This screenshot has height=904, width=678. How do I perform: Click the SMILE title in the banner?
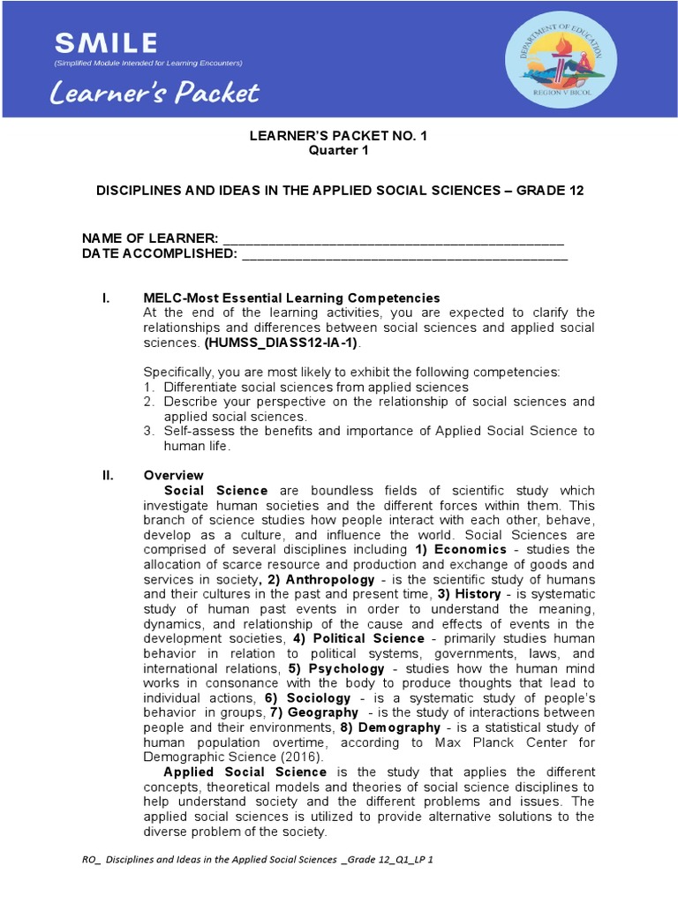click(x=106, y=42)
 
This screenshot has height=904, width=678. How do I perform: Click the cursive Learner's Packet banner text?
click(x=155, y=92)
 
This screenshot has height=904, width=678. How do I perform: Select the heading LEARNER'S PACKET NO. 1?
click(x=338, y=136)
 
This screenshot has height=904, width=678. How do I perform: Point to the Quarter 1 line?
click(x=338, y=150)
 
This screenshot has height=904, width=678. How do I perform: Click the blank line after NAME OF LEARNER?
click(x=393, y=239)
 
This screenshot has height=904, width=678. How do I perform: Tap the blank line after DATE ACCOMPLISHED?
click(x=403, y=254)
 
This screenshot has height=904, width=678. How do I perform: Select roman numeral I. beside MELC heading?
click(x=106, y=298)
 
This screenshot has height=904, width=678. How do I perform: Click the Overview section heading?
click(x=173, y=476)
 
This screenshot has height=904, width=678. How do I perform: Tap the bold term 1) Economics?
click(x=461, y=550)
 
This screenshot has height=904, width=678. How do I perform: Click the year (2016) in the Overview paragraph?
click(x=305, y=757)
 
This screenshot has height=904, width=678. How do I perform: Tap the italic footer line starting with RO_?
click(x=256, y=859)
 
